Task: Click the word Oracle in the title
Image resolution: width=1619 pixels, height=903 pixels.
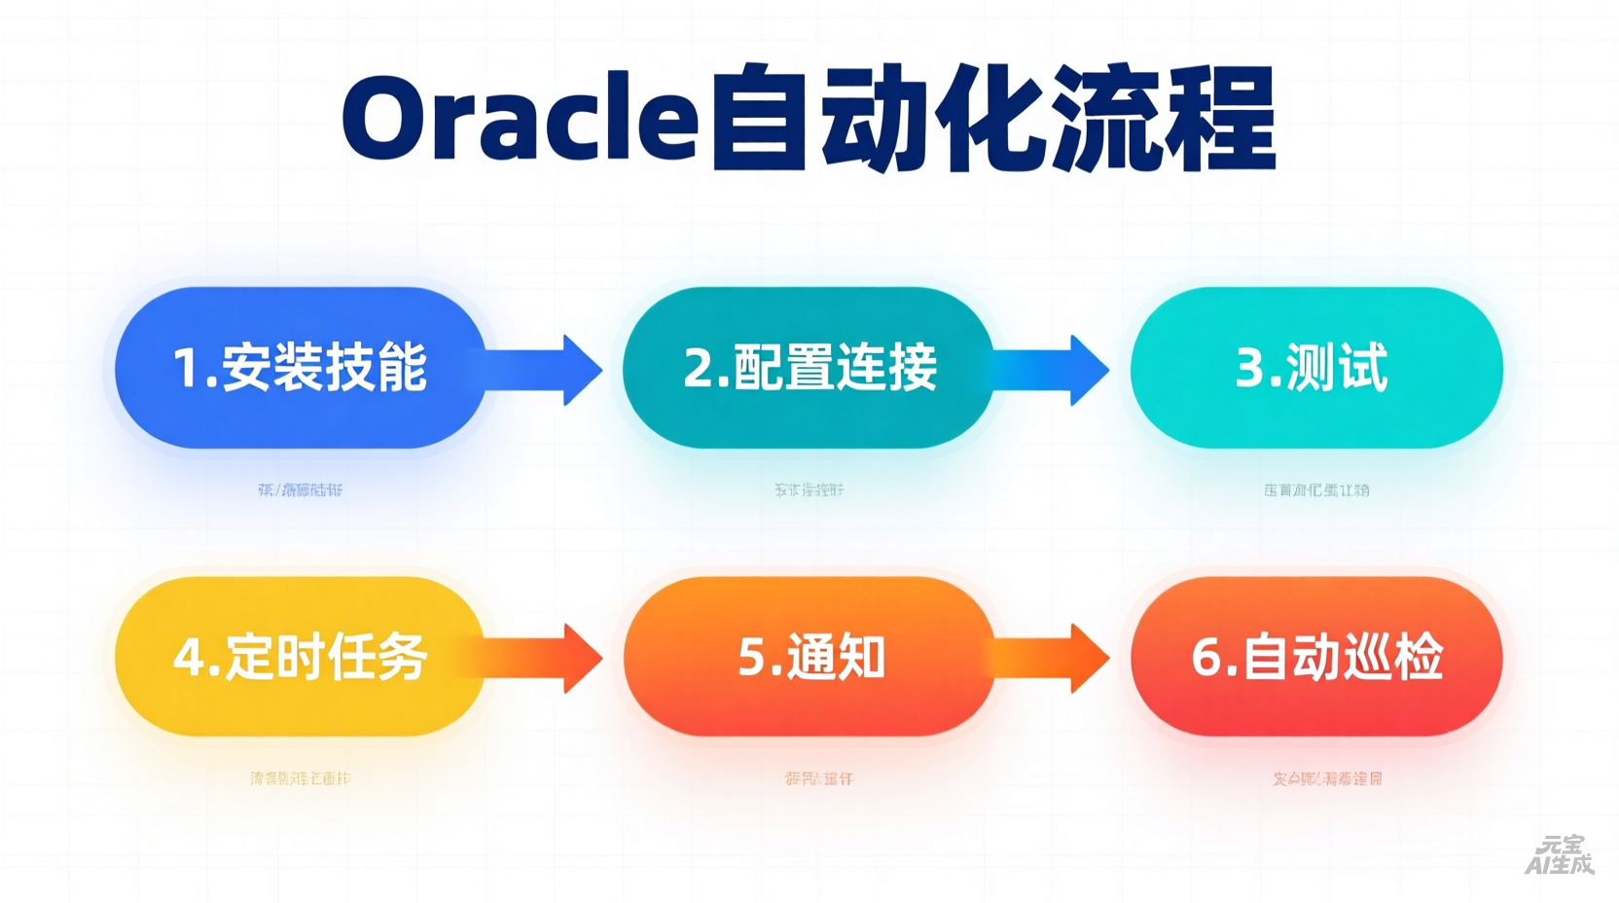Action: pyautogui.click(x=520, y=119)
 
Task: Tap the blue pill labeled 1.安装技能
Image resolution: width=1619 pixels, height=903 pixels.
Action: pyautogui.click(x=300, y=368)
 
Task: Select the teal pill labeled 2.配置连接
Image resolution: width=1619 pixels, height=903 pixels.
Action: pyautogui.click(x=809, y=368)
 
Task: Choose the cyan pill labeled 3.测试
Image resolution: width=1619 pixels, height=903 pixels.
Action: pyautogui.click(x=1315, y=368)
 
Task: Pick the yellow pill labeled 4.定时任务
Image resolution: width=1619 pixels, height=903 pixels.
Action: pyautogui.click(x=300, y=657)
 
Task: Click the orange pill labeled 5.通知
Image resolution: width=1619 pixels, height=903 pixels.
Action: pyautogui.click(x=809, y=657)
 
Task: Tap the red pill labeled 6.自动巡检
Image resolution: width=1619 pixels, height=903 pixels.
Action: pyautogui.click(x=1315, y=657)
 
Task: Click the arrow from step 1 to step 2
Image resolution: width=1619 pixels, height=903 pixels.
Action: pyautogui.click(x=550, y=370)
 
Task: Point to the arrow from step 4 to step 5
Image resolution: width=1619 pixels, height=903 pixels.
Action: pyautogui.click(x=550, y=658)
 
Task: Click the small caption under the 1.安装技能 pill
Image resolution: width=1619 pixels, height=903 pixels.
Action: pyautogui.click(x=300, y=489)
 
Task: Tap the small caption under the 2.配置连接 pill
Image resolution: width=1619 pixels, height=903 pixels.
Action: pyautogui.click(x=809, y=489)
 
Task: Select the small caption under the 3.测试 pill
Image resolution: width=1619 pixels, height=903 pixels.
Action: pyautogui.click(x=1315, y=489)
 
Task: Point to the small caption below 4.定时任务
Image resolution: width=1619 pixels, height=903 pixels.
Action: pyautogui.click(x=300, y=778)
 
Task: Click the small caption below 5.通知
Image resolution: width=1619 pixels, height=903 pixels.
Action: pyautogui.click(x=818, y=778)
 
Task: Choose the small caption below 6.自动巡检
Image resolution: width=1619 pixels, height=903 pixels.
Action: pyautogui.click(x=1326, y=778)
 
